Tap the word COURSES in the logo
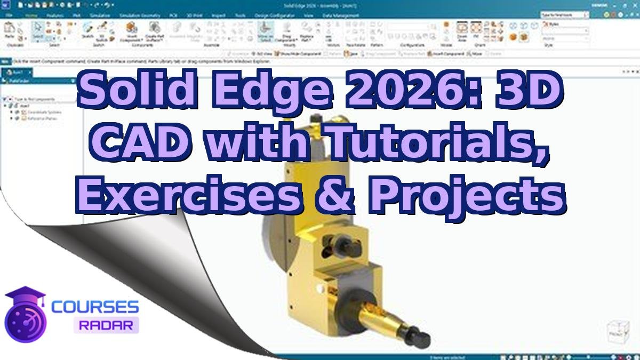pos(95,307)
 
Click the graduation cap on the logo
pos(25,295)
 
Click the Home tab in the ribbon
pos(31,15)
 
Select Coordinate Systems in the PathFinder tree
pos(42,112)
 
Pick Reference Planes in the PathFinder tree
pos(40,118)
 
